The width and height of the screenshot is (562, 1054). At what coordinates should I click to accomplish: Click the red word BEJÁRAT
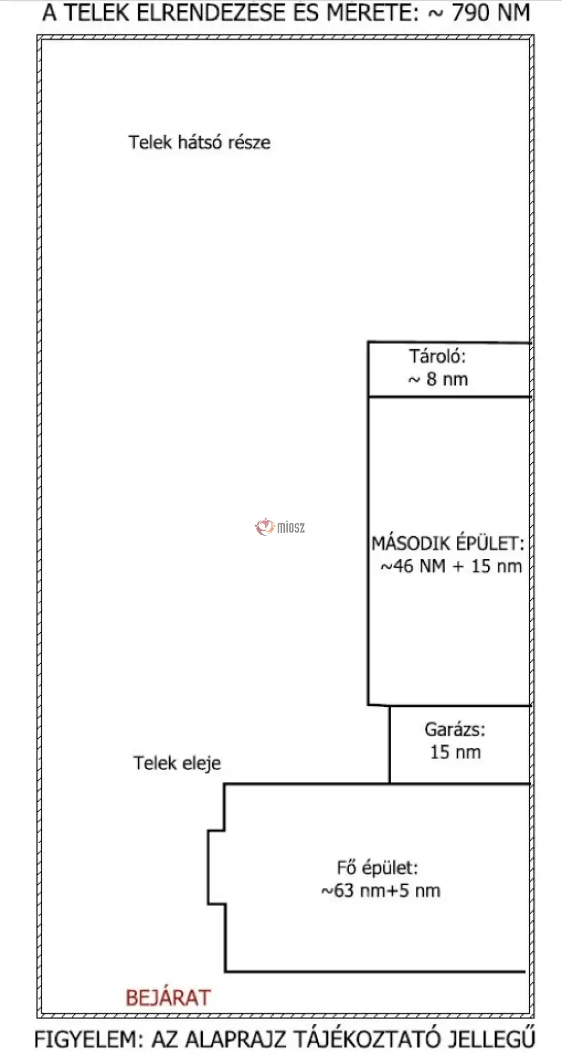[x=168, y=998]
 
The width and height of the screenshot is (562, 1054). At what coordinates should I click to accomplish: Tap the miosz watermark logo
[x=280, y=527]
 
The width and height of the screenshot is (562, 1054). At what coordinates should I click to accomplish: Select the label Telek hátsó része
[x=199, y=142]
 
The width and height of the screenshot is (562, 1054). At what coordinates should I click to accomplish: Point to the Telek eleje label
[x=177, y=763]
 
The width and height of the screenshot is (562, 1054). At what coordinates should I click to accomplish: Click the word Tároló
[x=437, y=356]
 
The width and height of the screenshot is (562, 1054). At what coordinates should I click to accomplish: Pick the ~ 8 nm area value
[x=438, y=379]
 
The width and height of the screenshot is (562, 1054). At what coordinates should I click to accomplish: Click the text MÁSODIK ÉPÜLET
[x=447, y=543]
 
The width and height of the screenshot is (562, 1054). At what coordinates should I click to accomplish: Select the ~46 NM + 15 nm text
[x=451, y=566]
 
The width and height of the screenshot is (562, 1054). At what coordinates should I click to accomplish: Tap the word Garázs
[x=455, y=729]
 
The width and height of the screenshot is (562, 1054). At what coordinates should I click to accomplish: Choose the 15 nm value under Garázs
[x=455, y=752]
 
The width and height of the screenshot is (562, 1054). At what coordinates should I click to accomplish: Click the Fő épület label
[x=377, y=868]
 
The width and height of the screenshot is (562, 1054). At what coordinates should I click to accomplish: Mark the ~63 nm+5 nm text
[x=380, y=891]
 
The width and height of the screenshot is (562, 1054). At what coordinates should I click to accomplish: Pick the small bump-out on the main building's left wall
[x=216, y=867]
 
